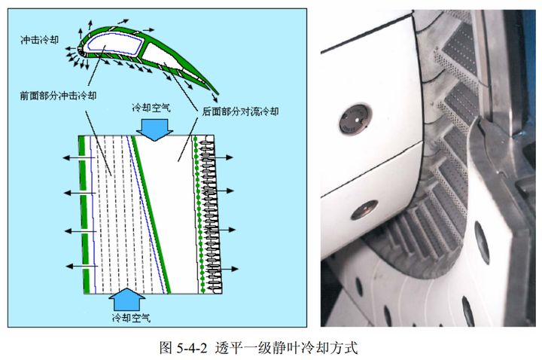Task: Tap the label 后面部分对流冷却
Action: pos(239,111)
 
